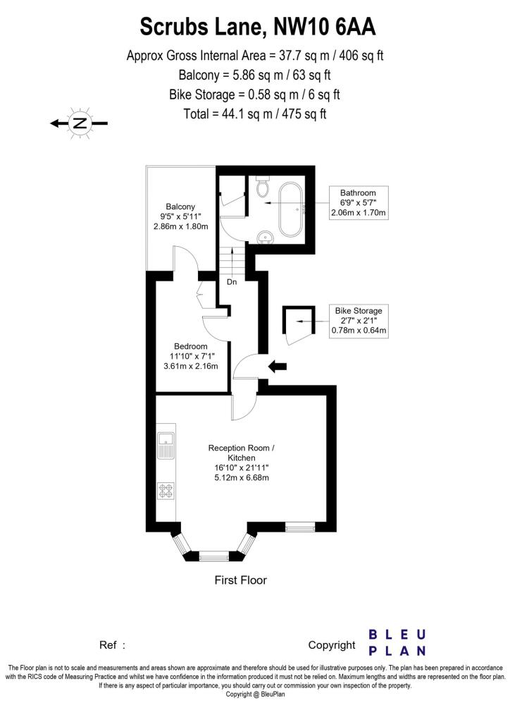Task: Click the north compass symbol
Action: (x=80, y=123)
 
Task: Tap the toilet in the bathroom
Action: (x=263, y=187)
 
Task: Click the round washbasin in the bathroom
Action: (x=266, y=235)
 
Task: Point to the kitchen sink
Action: (x=166, y=445)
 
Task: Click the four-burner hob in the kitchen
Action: (x=166, y=490)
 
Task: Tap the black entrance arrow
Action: (x=278, y=367)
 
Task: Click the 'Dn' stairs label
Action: (x=231, y=282)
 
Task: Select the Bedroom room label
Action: (x=191, y=346)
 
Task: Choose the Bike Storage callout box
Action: (x=359, y=320)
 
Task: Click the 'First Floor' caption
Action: (x=240, y=580)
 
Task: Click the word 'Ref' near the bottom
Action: (x=108, y=644)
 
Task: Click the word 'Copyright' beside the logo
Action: (x=332, y=644)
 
